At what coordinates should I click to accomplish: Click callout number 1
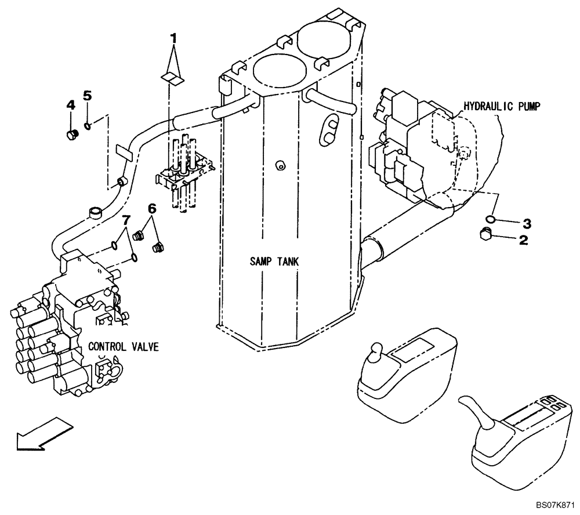tap(173, 39)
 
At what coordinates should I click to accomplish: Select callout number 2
tap(523, 241)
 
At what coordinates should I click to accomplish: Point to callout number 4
tap(71, 105)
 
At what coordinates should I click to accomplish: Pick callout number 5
tap(88, 96)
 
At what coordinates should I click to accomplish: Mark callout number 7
tap(124, 221)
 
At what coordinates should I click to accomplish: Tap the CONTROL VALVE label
tap(123, 347)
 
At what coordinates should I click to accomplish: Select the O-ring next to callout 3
tap(491, 219)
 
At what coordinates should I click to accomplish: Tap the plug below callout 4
tap(72, 135)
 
